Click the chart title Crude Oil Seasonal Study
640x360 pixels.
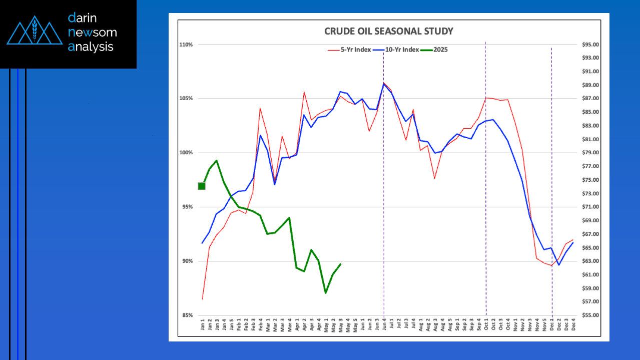[x=389, y=32]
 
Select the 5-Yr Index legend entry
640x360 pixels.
[x=354, y=50]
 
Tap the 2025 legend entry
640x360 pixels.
[x=437, y=50]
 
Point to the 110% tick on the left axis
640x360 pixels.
[x=186, y=45]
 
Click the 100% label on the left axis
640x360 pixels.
[x=186, y=153]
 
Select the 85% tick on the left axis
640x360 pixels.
[x=187, y=315]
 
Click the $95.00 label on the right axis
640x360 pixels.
[x=590, y=45]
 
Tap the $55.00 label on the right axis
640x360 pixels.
[x=590, y=315]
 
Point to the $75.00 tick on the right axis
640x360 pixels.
[x=590, y=180]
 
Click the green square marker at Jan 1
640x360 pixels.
[x=202, y=186]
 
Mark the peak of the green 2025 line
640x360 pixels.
[x=216, y=161]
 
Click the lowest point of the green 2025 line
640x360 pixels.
[x=326, y=293]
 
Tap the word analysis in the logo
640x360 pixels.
[x=91, y=47]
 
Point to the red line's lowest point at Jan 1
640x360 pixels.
[x=202, y=299]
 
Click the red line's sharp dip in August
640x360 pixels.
[x=435, y=178]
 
